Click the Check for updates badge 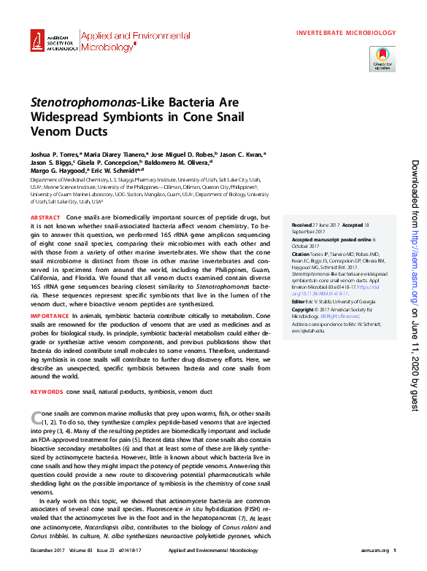[382, 58]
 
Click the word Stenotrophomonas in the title [83, 103]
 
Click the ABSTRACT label [45, 219]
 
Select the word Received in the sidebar [301, 225]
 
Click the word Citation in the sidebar [301, 253]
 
